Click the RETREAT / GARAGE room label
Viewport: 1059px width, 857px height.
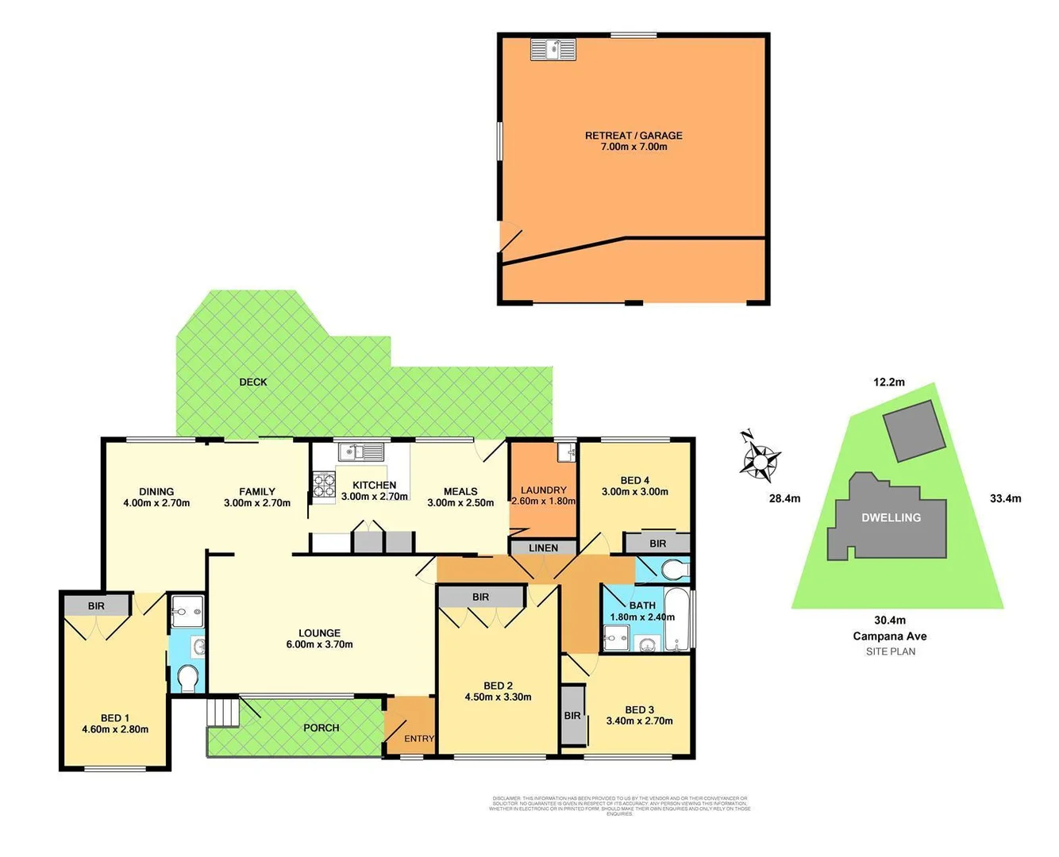633,136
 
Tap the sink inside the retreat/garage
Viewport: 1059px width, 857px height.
553,49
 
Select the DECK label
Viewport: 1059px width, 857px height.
253,382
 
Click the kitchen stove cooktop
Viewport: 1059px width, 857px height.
324,485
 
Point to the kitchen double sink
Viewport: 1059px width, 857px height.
361,452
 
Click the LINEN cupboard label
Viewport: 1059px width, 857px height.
543,548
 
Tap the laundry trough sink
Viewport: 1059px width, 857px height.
566,452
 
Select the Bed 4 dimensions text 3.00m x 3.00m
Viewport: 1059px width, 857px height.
634,492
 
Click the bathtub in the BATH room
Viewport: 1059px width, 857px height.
678,621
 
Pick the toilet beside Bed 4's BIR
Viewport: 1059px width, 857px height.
673,570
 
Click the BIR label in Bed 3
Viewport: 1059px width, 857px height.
572,716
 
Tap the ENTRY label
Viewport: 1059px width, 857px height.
419,739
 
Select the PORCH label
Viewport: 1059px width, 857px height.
321,728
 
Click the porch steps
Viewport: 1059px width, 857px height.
223,711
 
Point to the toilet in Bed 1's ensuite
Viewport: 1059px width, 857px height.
188,678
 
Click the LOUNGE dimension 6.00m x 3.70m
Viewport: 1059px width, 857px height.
319,644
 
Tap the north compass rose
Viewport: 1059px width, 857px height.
761,459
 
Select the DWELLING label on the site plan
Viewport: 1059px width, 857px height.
891,517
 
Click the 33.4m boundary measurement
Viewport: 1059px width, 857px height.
1005,498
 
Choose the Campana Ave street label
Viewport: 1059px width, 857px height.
889,636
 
